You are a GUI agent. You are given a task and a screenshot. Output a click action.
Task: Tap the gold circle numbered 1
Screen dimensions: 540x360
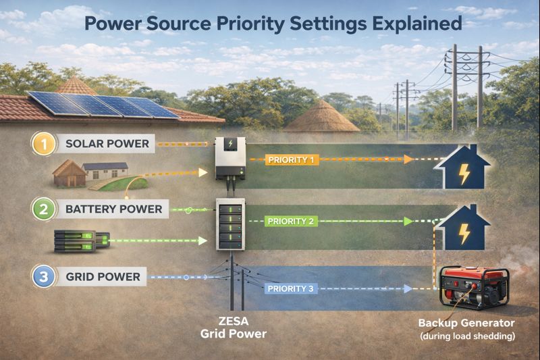point(44,144)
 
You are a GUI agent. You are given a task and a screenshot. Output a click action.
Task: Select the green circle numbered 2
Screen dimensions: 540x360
point(43,209)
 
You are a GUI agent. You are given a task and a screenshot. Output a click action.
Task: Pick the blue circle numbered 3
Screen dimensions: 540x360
point(43,277)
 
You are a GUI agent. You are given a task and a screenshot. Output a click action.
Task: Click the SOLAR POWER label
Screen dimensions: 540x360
point(107,144)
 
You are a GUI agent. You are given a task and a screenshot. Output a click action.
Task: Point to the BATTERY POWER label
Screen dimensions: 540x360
point(113,209)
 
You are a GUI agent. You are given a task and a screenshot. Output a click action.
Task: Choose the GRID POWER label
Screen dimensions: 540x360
point(103,277)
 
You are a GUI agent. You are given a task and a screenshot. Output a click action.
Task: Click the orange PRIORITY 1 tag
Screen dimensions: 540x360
point(292,160)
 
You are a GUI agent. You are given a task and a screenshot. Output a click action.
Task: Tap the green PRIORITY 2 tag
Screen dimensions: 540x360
point(291,221)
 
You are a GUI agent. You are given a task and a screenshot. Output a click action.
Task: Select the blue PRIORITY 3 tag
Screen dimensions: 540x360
point(291,288)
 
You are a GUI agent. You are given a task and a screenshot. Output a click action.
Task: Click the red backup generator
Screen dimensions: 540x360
point(475,287)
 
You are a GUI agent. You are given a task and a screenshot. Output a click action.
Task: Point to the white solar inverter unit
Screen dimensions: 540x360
point(230,158)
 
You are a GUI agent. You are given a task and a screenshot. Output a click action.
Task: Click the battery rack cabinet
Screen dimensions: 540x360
point(230,224)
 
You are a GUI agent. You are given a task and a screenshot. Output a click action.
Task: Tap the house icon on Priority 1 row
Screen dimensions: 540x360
point(462,167)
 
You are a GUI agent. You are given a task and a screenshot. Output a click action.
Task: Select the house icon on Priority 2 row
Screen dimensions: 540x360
point(463,228)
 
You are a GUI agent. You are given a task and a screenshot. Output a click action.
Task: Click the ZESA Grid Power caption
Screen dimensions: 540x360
point(234,328)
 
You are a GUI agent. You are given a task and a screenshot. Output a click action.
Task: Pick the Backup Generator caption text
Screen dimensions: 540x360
point(466,323)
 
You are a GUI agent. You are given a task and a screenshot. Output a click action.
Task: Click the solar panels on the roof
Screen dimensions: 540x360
point(103,104)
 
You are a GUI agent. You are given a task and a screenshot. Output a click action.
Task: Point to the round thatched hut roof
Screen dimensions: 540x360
point(321,116)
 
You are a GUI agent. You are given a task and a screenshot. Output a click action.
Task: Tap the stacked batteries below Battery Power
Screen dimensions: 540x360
point(82,241)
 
